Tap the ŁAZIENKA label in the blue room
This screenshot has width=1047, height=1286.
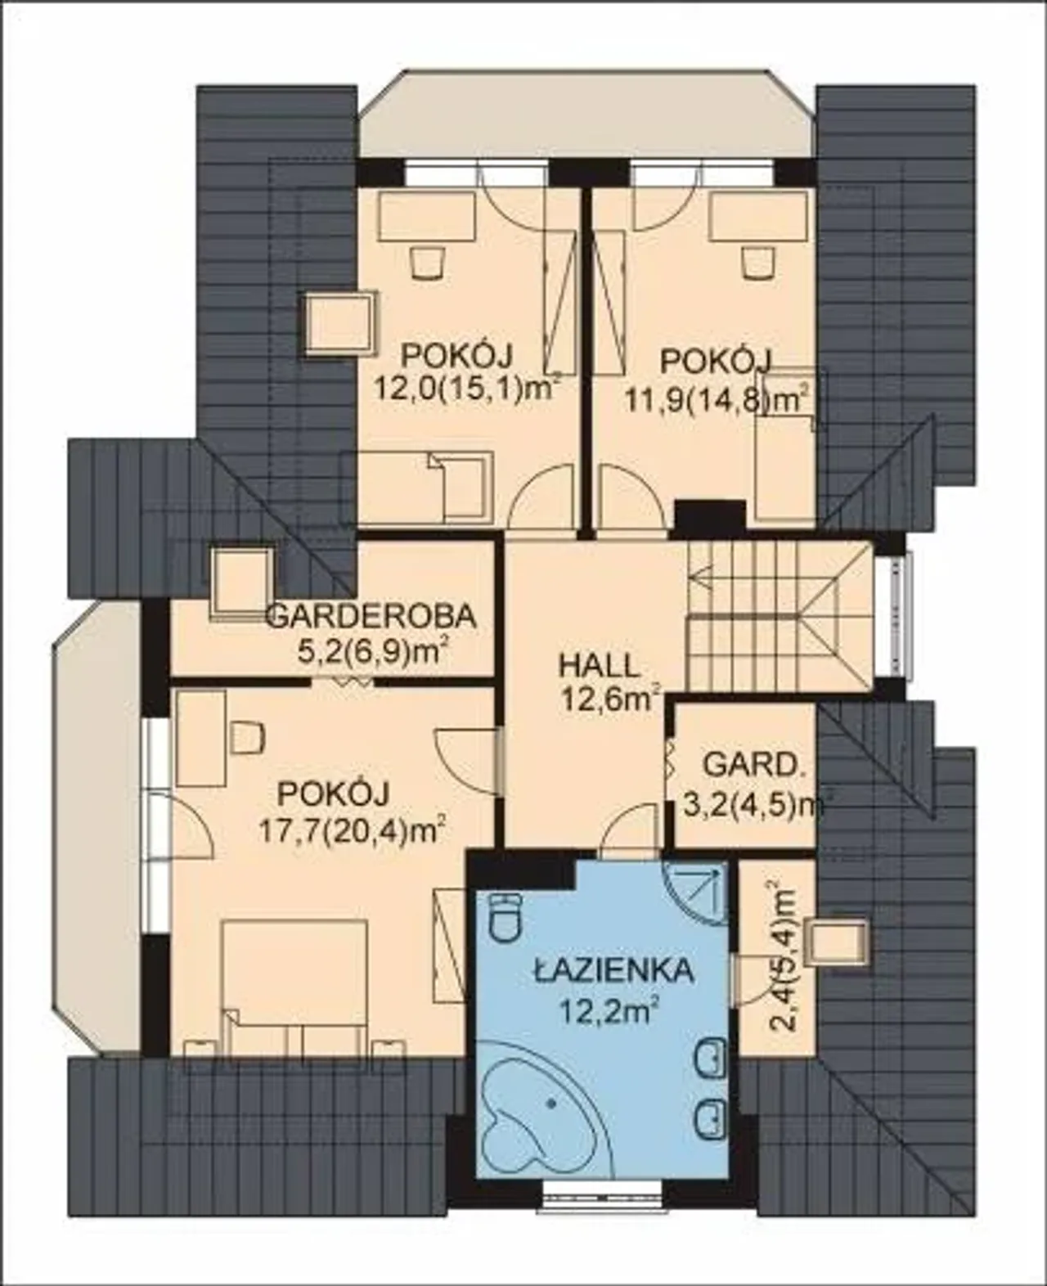(613, 972)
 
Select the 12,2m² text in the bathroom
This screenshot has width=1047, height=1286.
(609, 1009)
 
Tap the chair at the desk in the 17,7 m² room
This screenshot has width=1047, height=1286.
(247, 738)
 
